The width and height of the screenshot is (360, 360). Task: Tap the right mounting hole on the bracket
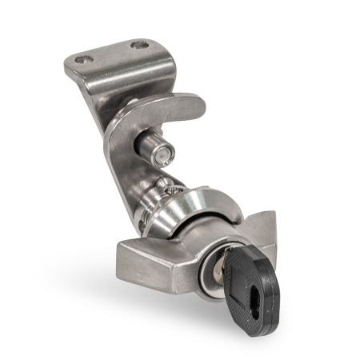[x=141, y=45]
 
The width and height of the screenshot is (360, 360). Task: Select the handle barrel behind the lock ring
[x=200, y=240]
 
